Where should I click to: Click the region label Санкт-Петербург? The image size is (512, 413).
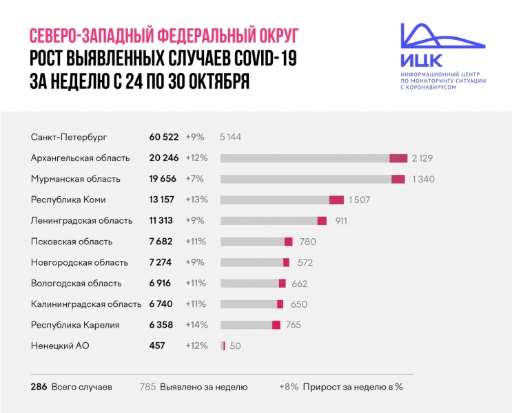(x=70, y=137)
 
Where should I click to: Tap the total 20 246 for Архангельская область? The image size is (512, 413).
(x=164, y=158)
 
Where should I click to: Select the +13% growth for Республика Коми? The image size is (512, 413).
(x=196, y=200)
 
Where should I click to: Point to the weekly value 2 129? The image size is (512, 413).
(x=422, y=158)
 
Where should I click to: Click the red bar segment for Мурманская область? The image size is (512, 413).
(x=398, y=179)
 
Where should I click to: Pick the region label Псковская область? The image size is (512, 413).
(x=72, y=242)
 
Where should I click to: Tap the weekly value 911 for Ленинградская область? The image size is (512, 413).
(x=341, y=221)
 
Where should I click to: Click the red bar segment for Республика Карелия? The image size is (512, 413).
(x=276, y=325)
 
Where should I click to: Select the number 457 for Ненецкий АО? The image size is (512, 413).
(x=157, y=346)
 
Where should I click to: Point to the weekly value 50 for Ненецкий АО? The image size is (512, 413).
(x=235, y=346)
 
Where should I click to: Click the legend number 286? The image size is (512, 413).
(x=39, y=387)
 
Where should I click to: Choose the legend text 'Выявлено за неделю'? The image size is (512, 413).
(x=203, y=387)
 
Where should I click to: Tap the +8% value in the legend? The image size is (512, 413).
(x=289, y=387)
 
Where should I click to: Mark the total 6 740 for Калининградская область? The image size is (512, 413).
(x=164, y=304)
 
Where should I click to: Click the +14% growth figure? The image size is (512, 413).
(x=196, y=325)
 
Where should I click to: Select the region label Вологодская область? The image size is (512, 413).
(x=76, y=283)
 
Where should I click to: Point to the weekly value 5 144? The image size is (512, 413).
(x=230, y=137)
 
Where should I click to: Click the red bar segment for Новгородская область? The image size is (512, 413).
(x=286, y=262)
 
